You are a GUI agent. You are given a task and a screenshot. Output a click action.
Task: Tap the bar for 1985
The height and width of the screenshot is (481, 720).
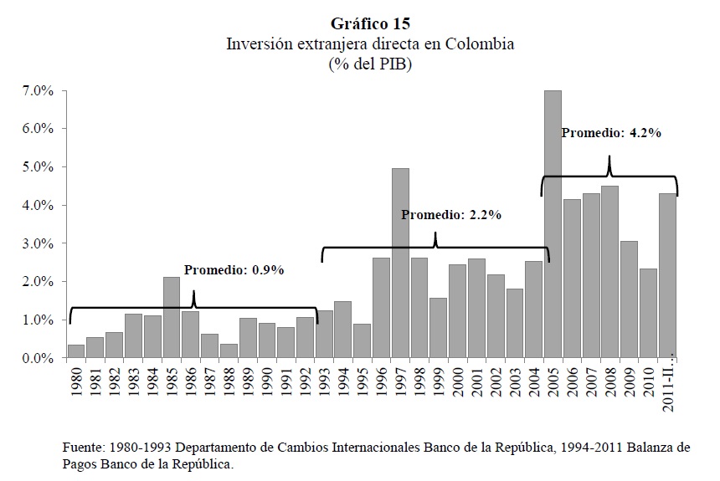[x=172, y=317]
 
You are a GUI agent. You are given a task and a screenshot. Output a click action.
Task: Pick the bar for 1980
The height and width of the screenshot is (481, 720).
[x=76, y=351]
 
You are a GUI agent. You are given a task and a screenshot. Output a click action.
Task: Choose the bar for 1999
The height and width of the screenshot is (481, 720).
[x=438, y=328]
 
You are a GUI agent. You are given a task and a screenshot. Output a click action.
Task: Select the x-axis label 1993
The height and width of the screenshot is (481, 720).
[x=325, y=383]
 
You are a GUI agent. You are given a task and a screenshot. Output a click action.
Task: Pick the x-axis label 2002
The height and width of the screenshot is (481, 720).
[x=496, y=383]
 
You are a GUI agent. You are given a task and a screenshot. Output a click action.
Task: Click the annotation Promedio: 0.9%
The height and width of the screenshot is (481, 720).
[x=234, y=270]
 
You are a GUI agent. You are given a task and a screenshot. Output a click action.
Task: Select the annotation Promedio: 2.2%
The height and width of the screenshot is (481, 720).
[x=451, y=215]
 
